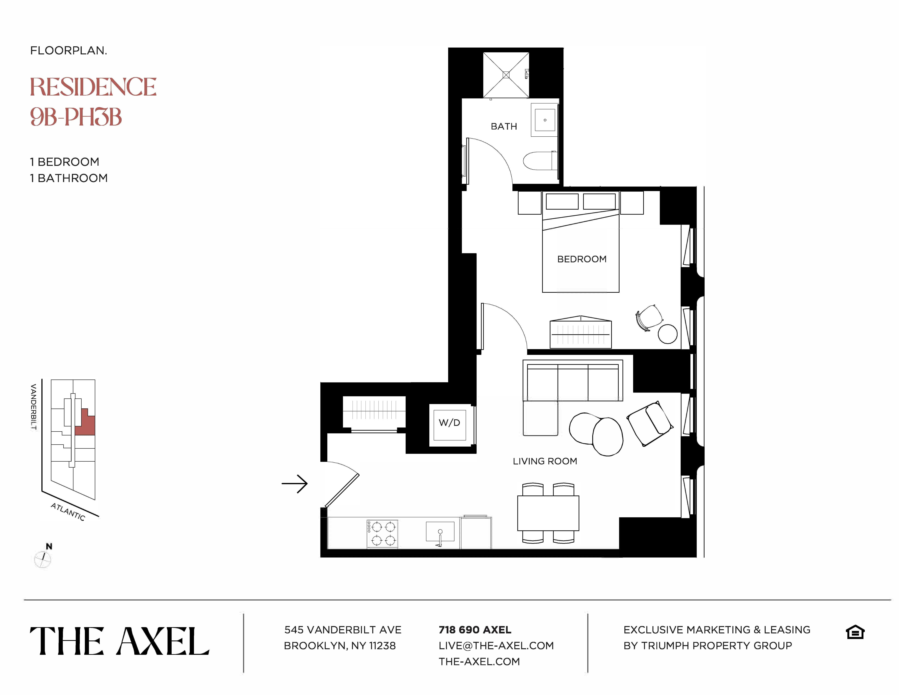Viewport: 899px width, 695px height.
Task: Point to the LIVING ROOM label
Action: (545, 461)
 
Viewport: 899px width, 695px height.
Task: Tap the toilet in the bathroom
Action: (539, 161)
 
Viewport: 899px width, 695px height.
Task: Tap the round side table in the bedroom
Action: (667, 334)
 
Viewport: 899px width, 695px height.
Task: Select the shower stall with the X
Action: (506, 75)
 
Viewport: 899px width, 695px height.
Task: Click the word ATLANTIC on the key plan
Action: (68, 512)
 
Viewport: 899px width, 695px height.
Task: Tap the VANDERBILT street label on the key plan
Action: (34, 407)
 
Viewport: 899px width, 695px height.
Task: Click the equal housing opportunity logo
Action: (855, 632)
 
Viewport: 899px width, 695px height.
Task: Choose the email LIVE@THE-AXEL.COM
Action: (496, 646)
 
